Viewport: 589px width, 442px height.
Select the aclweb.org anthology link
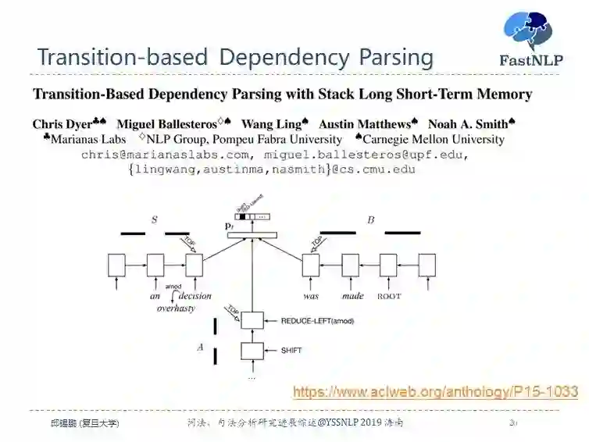[x=435, y=391]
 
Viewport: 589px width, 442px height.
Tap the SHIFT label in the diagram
[x=291, y=351]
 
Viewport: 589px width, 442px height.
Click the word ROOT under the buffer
[x=388, y=297]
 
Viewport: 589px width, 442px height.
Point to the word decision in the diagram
[x=195, y=297]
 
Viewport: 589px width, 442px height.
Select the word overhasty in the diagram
[x=176, y=308]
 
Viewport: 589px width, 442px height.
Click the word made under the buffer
[x=352, y=297]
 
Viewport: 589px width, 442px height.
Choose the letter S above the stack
[x=154, y=220]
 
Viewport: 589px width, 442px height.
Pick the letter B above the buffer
[x=371, y=220]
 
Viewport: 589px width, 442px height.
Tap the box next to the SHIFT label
[x=252, y=351]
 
